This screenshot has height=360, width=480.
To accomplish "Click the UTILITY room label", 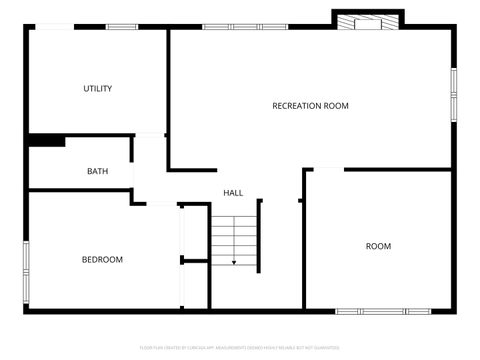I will tap(97, 89).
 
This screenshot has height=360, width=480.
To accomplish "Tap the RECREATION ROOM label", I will tap(310, 105).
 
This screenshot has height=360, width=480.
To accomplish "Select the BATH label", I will tap(97, 171).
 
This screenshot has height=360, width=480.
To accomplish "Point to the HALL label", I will tap(233, 193).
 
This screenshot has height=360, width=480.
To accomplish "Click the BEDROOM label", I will tap(102, 260).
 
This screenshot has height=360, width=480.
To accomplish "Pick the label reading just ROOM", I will tap(378, 246).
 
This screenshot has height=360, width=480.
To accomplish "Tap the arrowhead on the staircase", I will tap(234, 263).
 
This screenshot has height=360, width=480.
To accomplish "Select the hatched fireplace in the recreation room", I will tap(367, 21).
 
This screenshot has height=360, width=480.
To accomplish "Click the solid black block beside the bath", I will tap(46, 141).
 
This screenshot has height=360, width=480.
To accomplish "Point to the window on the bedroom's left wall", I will tap(27, 262).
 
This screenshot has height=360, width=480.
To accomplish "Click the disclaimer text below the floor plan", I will tap(239, 348).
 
